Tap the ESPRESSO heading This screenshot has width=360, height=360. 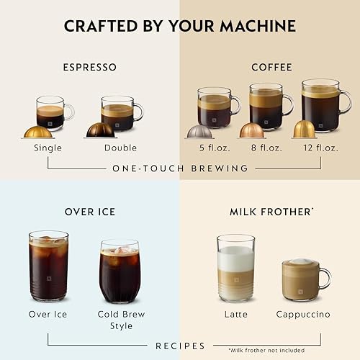pyautogui.click(x=89, y=67)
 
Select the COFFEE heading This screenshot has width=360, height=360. pyautogui.click(x=271, y=67)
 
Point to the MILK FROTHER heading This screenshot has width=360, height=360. pyautogui.click(x=270, y=212)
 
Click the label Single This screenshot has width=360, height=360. pyautogui.click(x=48, y=148)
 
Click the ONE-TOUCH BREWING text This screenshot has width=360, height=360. pyautogui.click(x=180, y=168)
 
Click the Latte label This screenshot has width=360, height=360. pyautogui.click(x=236, y=315)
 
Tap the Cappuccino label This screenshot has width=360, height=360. pyautogui.click(x=302, y=315)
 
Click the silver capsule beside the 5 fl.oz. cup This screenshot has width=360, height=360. pyautogui.click(x=199, y=132)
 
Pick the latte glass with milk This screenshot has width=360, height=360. pyautogui.click(x=236, y=268)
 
